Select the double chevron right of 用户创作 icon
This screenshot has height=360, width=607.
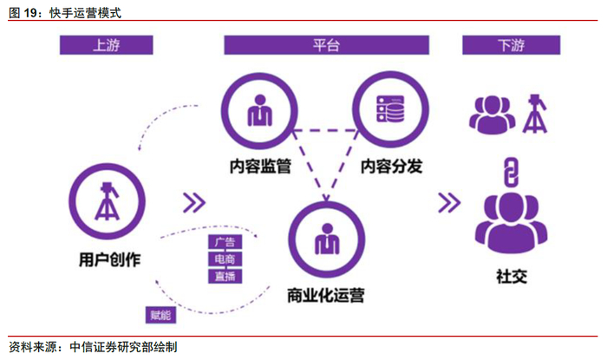click(x=196, y=203)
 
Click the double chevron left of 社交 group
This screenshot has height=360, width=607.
click(x=448, y=203)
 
